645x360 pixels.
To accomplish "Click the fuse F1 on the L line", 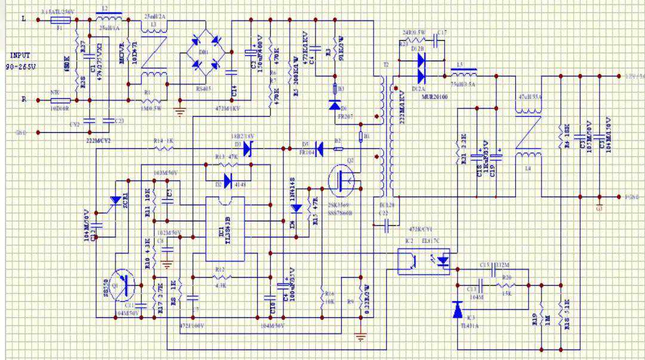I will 62,20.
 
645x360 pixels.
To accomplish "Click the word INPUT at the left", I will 19,55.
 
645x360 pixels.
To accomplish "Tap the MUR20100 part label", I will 435,96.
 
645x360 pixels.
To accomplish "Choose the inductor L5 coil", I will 463,75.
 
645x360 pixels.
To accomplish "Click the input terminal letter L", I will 23,20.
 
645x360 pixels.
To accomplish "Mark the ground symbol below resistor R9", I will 360,339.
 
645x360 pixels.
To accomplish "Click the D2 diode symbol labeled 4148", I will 228,180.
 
